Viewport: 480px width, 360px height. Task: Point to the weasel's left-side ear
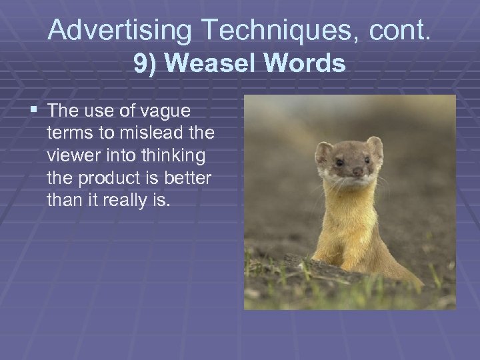[x=325, y=153]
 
